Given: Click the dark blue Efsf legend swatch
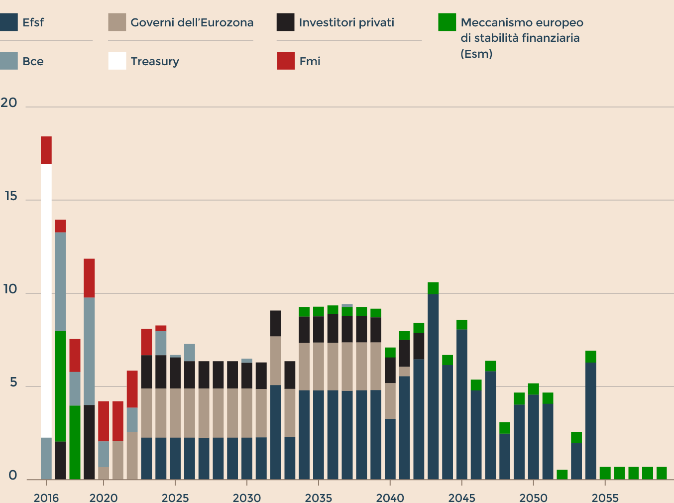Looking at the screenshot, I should point(9,22).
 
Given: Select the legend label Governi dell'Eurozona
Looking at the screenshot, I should point(192,22).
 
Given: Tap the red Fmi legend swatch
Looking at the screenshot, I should point(286,61).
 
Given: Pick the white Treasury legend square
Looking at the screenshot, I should point(117,61).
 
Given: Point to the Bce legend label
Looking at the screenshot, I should point(33,61).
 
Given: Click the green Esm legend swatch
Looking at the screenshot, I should point(447,22).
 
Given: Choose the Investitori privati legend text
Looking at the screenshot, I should point(346,22).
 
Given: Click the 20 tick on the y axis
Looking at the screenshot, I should point(9,103).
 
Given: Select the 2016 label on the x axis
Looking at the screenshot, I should point(46,498).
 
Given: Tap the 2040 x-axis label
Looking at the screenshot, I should point(390,498).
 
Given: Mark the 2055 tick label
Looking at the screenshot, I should point(605,498).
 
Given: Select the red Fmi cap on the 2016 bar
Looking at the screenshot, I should point(46,150).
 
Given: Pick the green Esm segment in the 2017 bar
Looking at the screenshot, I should point(60,386).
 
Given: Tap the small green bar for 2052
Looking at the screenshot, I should point(562,475).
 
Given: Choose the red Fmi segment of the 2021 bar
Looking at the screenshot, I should point(117,421).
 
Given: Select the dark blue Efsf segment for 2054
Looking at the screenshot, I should point(591,421).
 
